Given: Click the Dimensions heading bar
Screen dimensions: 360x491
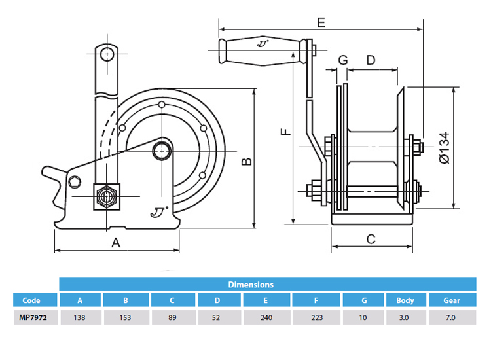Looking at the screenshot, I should point(251,285).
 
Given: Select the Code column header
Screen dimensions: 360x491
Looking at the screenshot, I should point(31,301).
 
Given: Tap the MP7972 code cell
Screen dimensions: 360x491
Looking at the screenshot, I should point(31,317).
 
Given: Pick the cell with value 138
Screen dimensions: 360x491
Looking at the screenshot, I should point(81,317).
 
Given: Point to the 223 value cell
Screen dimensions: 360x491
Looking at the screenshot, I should point(316,317).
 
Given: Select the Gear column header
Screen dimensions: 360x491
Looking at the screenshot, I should point(451,301).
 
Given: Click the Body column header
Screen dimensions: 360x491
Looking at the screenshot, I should point(405,301).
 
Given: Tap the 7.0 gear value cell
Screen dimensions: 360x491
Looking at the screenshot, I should point(451,317).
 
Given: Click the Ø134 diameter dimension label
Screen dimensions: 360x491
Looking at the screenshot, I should point(445,147).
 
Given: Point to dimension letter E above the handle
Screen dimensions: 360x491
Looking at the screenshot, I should point(320,22).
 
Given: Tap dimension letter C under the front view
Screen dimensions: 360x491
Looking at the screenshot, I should point(371,239).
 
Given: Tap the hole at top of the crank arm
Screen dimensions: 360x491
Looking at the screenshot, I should point(106,52).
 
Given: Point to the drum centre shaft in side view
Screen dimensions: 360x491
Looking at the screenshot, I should point(162,150).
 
